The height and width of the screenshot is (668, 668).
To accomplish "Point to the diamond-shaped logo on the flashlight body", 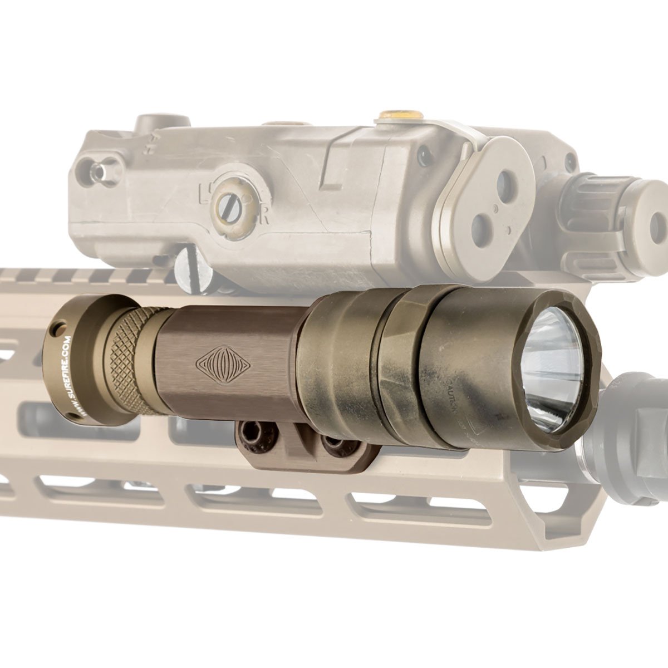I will (223, 364).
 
